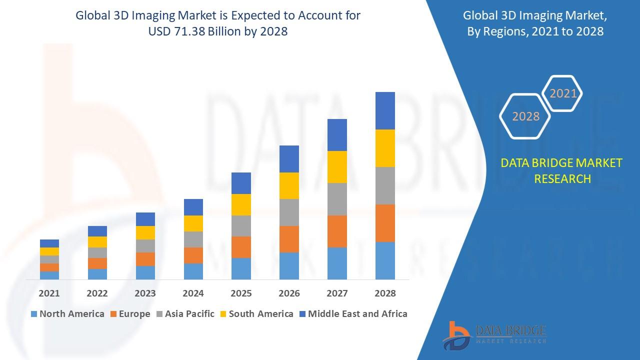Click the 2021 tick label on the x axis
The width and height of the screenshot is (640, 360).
[49, 293]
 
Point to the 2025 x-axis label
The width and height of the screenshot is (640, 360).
[241, 293]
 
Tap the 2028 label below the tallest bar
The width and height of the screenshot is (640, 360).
[385, 293]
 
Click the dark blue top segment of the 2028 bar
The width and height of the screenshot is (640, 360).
[385, 110]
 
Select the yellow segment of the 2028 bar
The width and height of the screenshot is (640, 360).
[385, 148]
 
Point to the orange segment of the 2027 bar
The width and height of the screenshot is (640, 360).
[337, 231]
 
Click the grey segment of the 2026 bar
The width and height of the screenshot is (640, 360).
[289, 212]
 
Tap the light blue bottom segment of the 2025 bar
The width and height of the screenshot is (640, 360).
[241, 268]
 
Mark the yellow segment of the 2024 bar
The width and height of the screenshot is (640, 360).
[193, 223]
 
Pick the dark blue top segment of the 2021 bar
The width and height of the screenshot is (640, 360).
[49, 243]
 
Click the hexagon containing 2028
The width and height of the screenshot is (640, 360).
[525, 116]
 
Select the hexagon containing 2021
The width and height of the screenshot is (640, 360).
[562, 93]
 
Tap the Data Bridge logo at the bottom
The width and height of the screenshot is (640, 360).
[494, 334]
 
